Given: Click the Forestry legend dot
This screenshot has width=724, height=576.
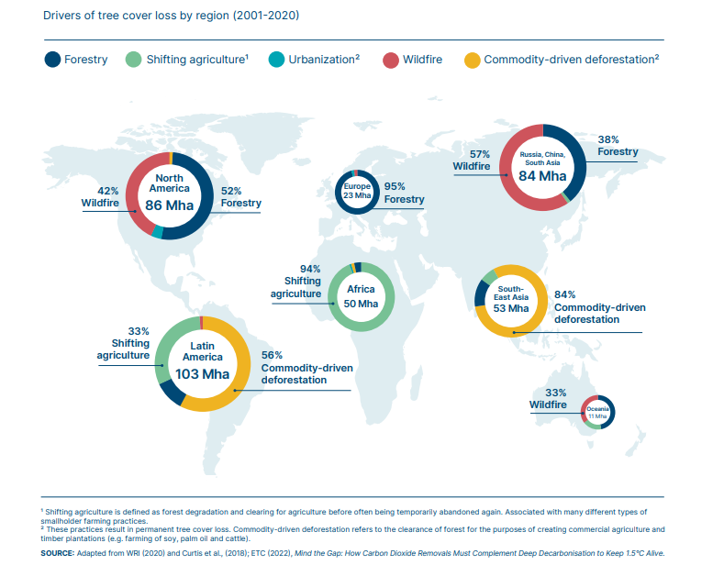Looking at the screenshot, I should (x=53, y=60).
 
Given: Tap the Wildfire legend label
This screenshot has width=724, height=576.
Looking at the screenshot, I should (x=422, y=60).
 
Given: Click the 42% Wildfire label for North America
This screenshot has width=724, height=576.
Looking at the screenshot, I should (x=101, y=197).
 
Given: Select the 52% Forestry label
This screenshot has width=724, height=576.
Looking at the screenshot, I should (x=240, y=196).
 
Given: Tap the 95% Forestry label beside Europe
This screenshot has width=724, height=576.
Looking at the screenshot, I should (x=404, y=193).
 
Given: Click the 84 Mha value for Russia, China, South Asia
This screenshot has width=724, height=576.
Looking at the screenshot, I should (x=542, y=175).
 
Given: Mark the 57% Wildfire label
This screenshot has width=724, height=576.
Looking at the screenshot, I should (x=472, y=161).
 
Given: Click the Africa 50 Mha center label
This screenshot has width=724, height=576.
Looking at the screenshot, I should (x=361, y=296).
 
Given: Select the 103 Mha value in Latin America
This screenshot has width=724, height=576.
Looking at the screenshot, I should (x=202, y=373).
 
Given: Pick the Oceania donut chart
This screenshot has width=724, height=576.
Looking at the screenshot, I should (x=596, y=411).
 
